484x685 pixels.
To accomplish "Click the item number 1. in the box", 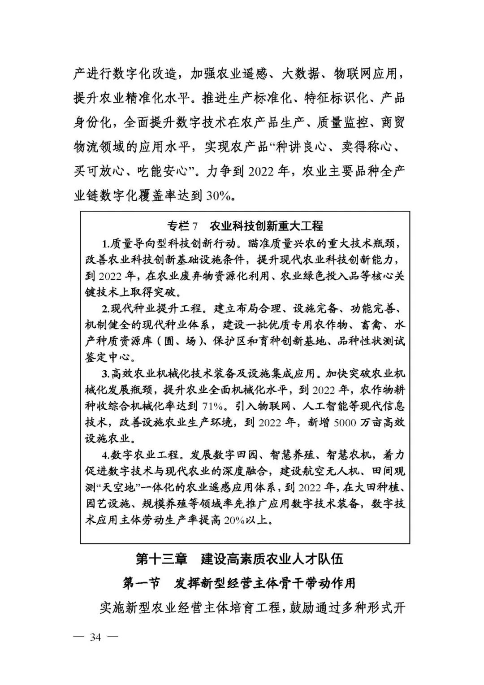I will (106, 243).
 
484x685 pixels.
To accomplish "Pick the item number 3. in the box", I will (106, 374).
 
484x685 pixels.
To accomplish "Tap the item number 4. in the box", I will (106, 455).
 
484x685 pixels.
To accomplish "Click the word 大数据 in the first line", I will (301, 74).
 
